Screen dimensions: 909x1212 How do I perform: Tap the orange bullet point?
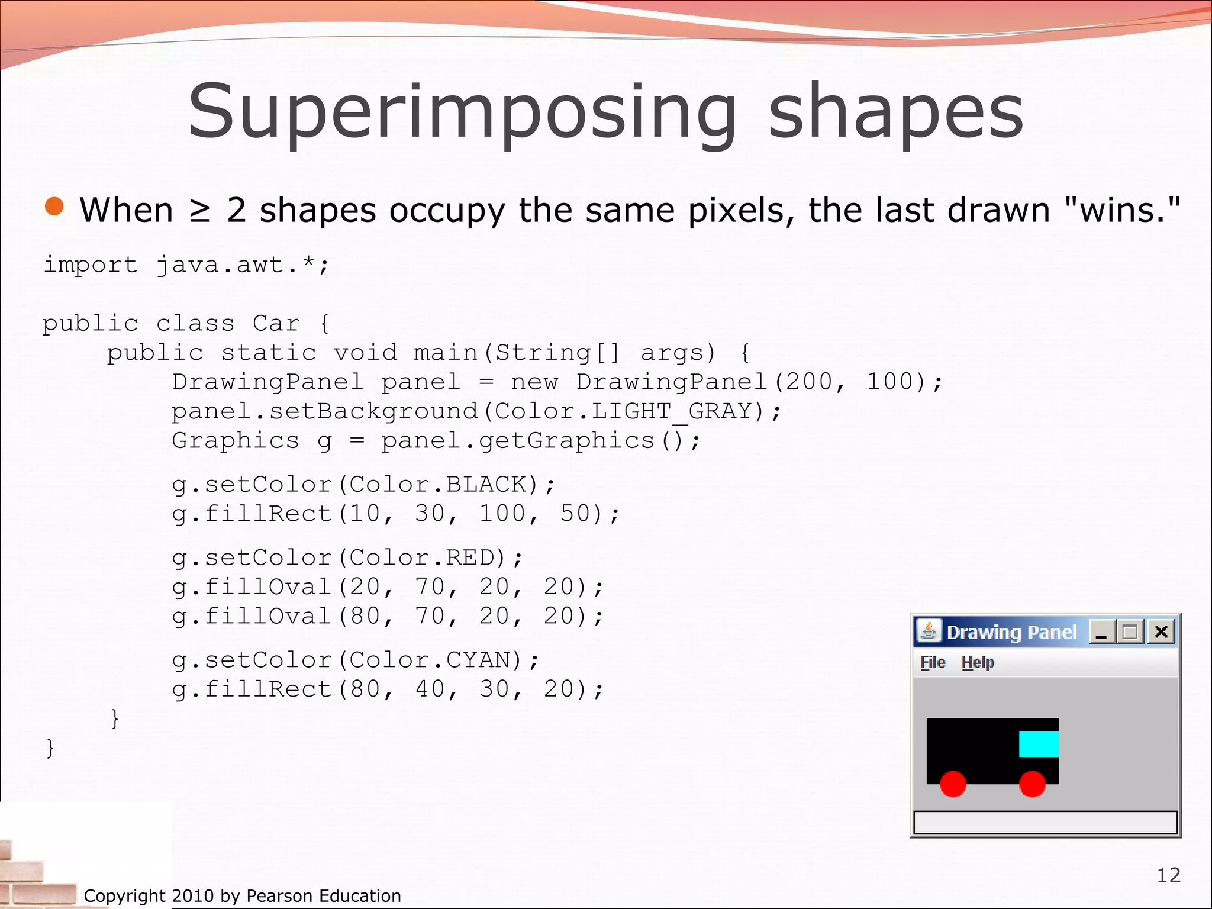(x=54, y=207)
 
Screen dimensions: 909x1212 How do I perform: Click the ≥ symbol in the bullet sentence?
(x=200, y=211)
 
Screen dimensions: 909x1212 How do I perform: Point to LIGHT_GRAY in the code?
(x=672, y=411)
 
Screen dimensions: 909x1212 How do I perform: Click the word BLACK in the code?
(x=486, y=485)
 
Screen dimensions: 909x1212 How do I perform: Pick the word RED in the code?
(x=478, y=557)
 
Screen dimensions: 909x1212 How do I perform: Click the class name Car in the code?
(x=276, y=324)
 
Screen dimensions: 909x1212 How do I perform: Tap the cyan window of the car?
(x=1039, y=744)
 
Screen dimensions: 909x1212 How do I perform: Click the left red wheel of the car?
(x=953, y=784)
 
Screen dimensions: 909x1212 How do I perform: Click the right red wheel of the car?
(x=1032, y=784)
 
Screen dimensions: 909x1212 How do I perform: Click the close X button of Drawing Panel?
(x=1161, y=632)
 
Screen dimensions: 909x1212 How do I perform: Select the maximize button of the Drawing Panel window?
(x=1130, y=632)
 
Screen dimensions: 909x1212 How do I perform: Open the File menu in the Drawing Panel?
(x=933, y=663)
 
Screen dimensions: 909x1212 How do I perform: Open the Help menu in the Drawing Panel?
(x=978, y=663)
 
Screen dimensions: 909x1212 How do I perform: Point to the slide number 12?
(x=1168, y=875)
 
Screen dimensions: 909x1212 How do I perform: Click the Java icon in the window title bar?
(x=929, y=631)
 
